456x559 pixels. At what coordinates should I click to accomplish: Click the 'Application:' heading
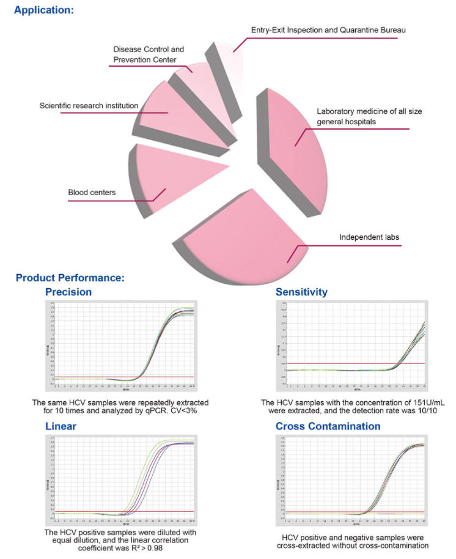[x=43, y=10]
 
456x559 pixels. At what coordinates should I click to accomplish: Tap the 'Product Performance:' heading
[x=70, y=278]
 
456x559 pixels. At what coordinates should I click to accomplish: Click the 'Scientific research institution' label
[x=89, y=106]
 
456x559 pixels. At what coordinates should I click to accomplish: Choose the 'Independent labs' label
[x=365, y=237]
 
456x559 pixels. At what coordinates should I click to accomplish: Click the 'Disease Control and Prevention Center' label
[x=148, y=54]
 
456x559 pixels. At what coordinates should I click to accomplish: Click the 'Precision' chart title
[x=69, y=292]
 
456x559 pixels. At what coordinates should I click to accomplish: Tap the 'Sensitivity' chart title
[x=301, y=292]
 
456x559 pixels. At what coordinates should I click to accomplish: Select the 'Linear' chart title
[x=60, y=426]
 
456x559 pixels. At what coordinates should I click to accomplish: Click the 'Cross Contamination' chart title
[x=328, y=426]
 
